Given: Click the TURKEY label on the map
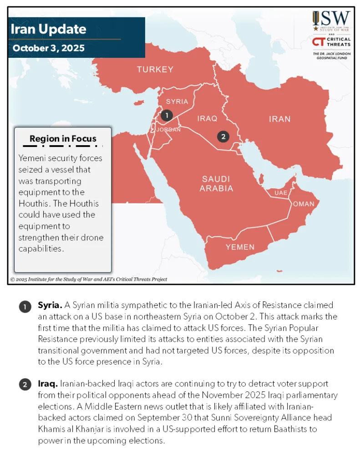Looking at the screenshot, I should coord(155,70).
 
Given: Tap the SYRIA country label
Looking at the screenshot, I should coord(177,101).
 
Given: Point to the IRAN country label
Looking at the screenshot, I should coord(279,119).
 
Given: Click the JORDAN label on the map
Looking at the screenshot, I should coord(168,130).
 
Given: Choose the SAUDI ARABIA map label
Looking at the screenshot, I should coord(216,183).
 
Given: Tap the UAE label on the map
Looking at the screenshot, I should coord(281,193).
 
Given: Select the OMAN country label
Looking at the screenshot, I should coord(303,204).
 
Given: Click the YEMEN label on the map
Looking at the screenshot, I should coord(240,247).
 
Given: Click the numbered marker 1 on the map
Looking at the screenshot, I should coord(167,116).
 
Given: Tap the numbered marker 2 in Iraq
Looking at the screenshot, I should coord(223,136).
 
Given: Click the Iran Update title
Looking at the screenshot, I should coord(48,30).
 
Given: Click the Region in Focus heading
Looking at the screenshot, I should coord(63,139).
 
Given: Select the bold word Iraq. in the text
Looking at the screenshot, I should coord(47,384).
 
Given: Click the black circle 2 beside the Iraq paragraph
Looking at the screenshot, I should coord(25,385).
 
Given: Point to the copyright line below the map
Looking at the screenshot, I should coord(89,279).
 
